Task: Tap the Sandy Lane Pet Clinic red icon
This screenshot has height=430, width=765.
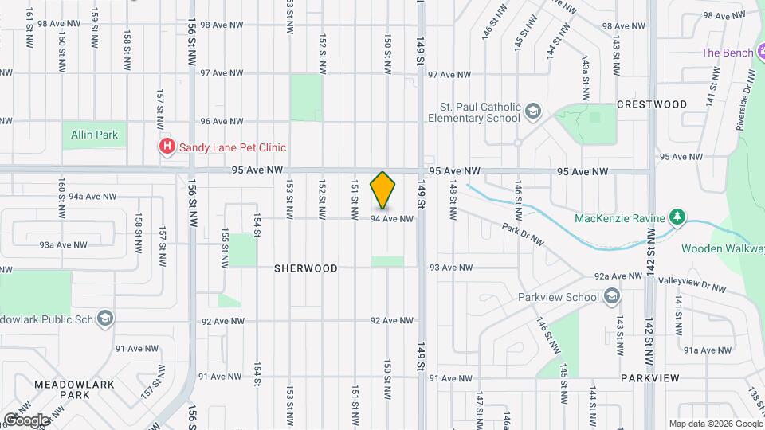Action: [x=167, y=147]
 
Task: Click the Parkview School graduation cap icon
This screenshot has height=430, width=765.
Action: [x=612, y=297]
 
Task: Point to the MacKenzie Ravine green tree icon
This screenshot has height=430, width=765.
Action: [x=677, y=217]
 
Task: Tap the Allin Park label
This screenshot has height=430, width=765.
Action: [x=94, y=135]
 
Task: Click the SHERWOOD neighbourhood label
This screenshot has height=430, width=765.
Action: [x=306, y=268]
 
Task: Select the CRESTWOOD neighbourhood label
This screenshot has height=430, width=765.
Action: [x=652, y=104]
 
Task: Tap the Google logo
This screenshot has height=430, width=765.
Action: [x=25, y=420]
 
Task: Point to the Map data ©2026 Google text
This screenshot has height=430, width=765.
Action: [x=715, y=423]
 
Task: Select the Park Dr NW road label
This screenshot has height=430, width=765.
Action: [x=523, y=233]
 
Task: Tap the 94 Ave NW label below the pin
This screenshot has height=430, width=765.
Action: [x=392, y=218]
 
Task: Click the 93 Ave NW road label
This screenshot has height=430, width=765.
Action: [x=451, y=268]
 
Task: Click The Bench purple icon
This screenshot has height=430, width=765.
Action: [x=760, y=53]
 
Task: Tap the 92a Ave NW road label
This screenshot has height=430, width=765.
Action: [x=618, y=276]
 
